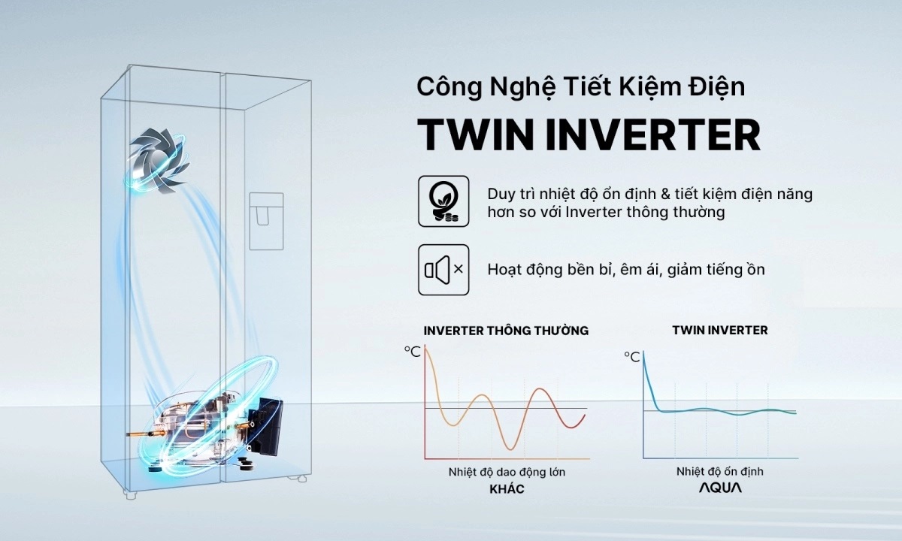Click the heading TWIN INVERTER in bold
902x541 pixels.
click(589, 135)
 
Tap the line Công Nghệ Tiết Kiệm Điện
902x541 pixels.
click(580, 86)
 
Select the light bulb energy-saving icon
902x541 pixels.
click(443, 201)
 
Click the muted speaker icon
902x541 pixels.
click(443, 269)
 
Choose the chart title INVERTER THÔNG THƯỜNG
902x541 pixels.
click(506, 331)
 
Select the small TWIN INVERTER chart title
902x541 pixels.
click(719, 330)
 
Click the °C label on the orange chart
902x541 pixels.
click(413, 351)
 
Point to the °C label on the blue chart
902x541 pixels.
click(631, 357)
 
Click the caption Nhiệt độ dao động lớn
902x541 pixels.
click(506, 472)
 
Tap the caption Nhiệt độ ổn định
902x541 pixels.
click(719, 471)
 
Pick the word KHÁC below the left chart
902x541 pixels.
click(506, 489)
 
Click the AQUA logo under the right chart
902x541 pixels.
click(719, 488)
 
